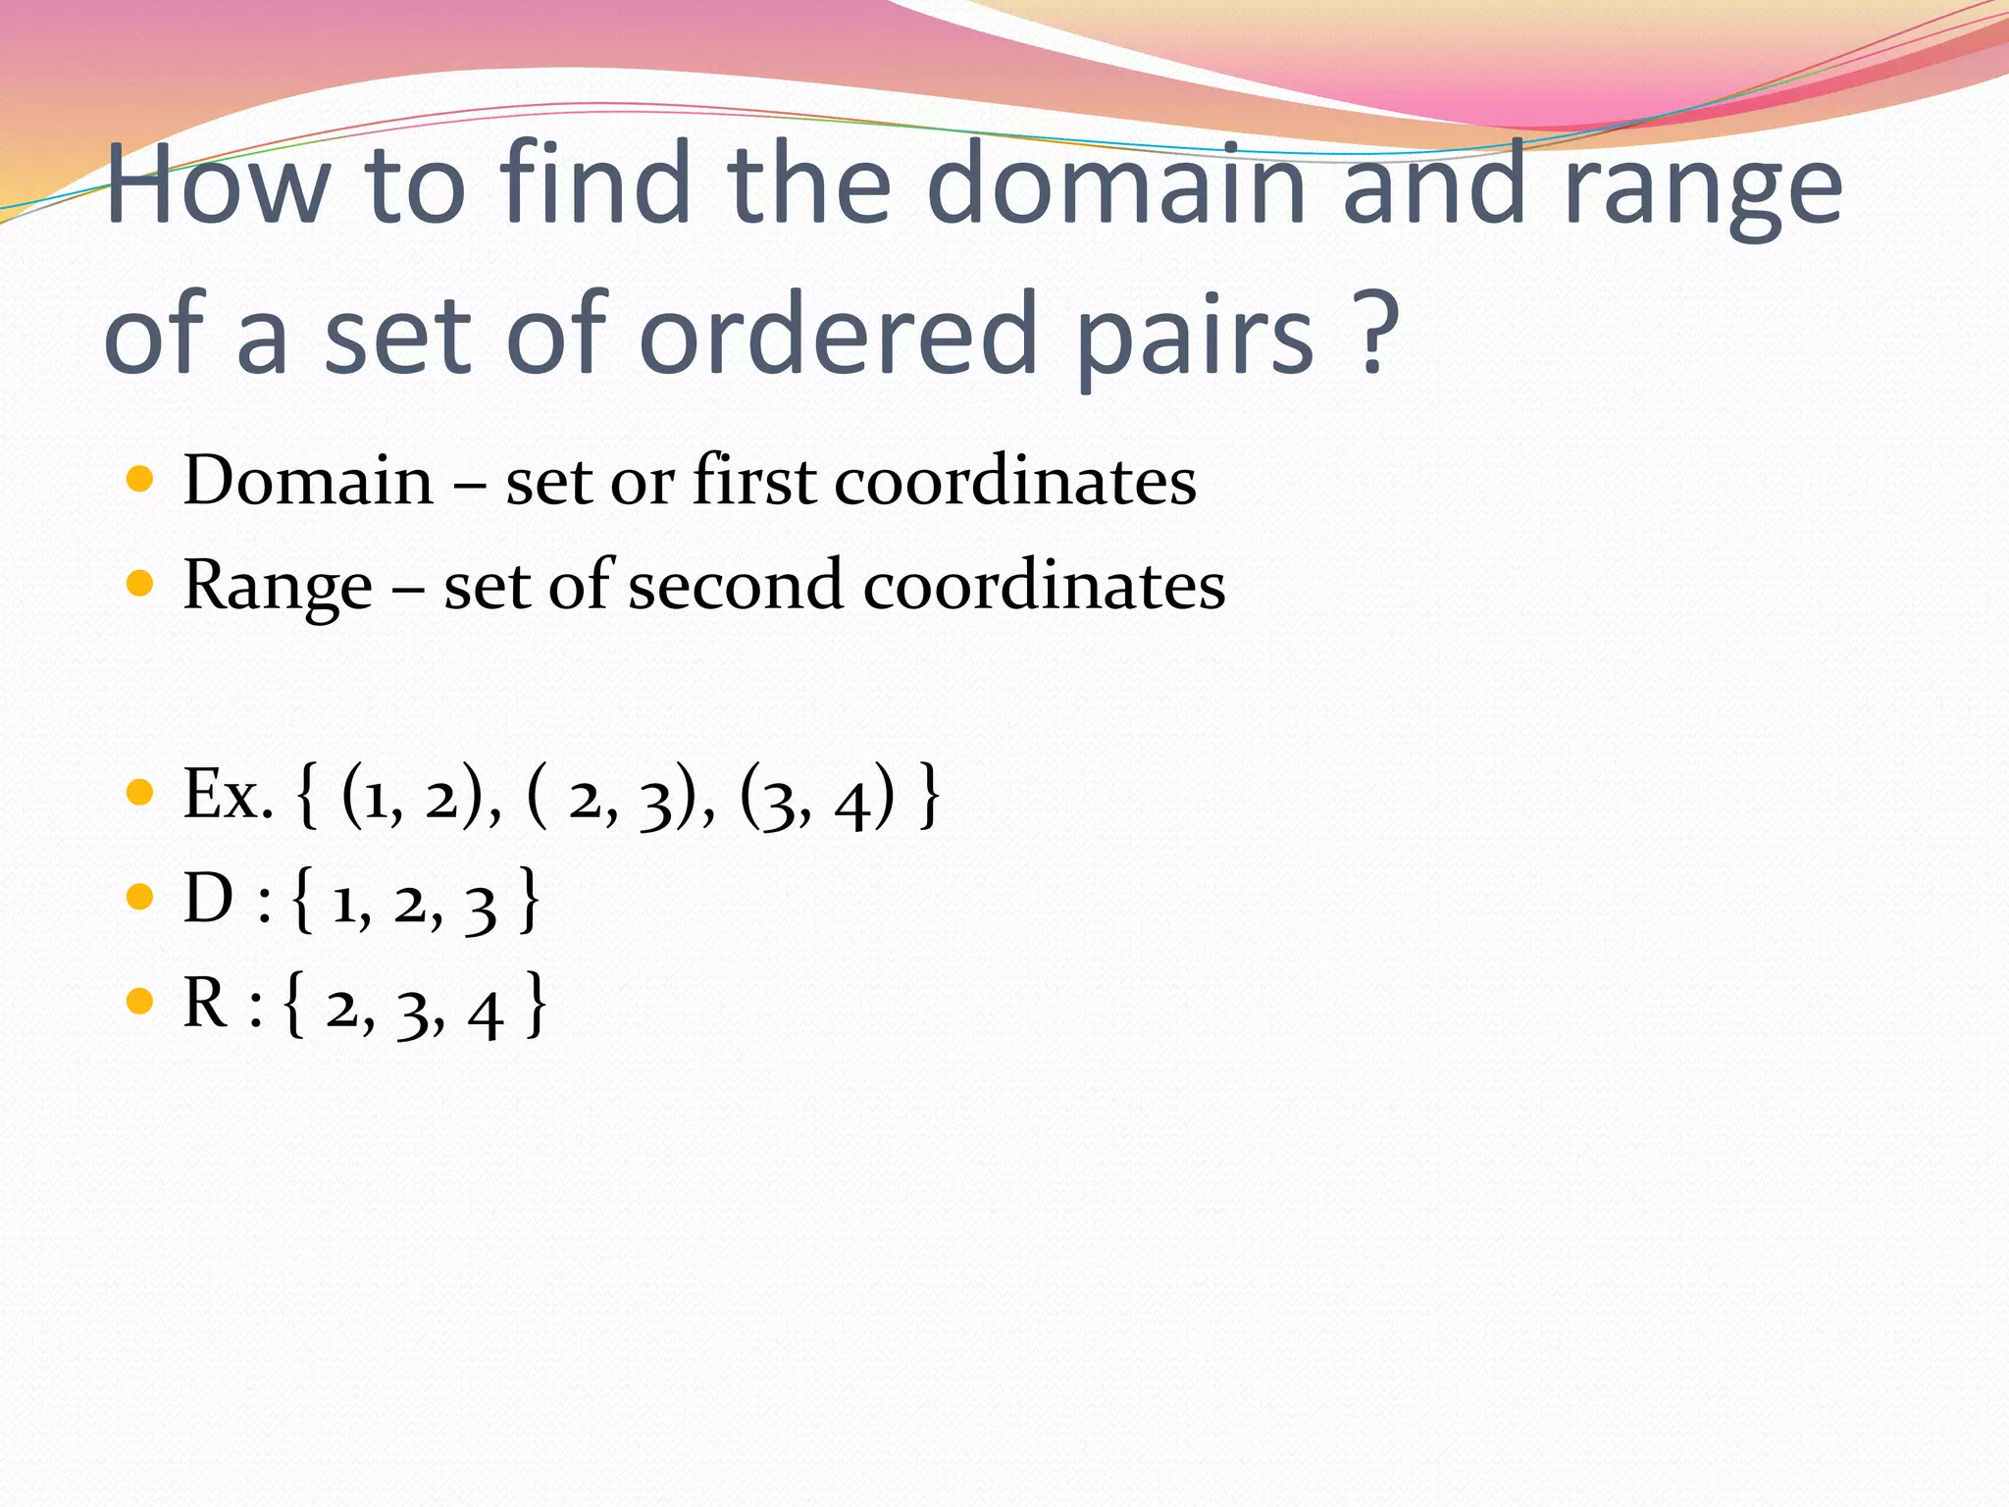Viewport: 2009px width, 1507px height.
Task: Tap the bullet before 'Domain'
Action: coord(140,480)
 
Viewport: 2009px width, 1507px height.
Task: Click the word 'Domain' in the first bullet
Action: coord(308,481)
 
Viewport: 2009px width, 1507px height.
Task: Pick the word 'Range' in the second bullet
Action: coord(278,587)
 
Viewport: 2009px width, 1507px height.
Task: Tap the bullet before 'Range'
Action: coord(140,585)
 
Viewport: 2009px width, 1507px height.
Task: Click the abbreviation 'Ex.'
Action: coord(228,795)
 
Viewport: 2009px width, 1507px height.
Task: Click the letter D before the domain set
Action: coord(209,899)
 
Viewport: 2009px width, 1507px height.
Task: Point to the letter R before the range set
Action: coord(207,1004)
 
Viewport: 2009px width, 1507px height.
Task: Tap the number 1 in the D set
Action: coord(344,905)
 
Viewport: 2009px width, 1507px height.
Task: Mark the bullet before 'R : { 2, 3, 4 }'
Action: coord(140,1002)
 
